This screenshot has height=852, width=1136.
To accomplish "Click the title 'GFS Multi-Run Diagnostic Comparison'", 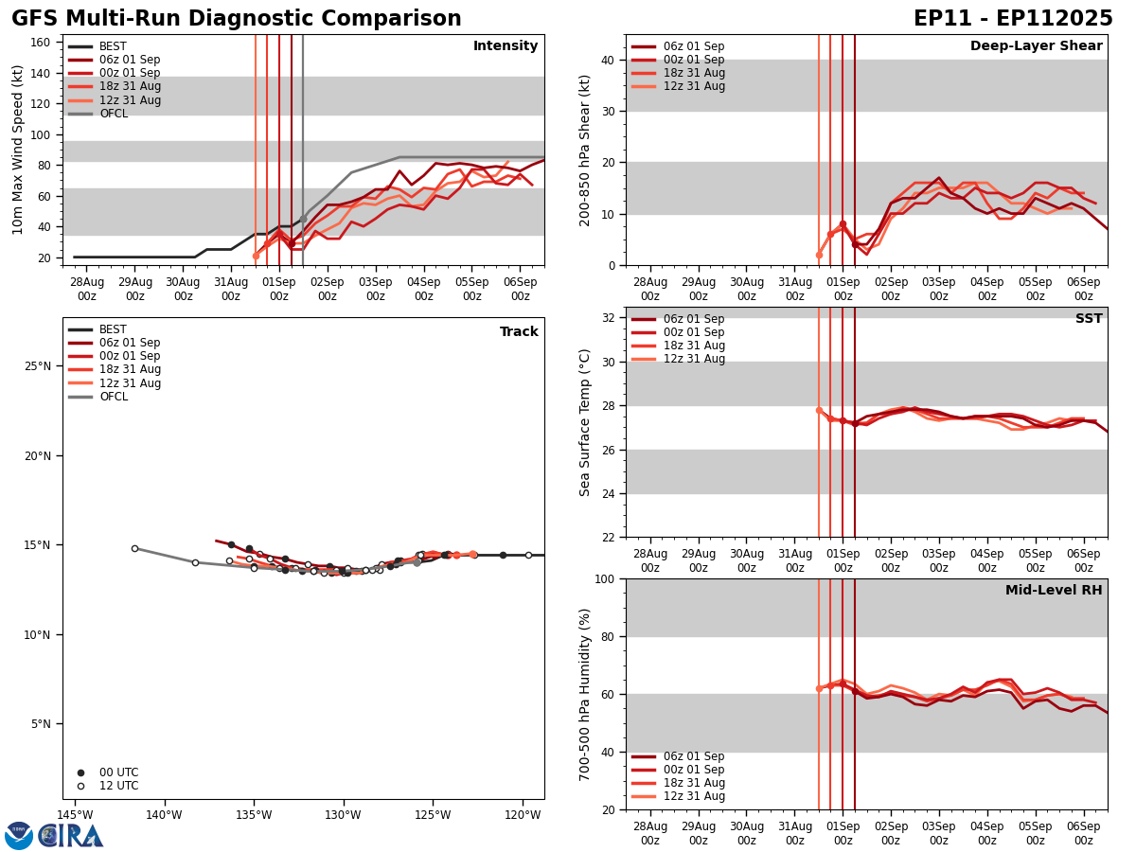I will point(237,19).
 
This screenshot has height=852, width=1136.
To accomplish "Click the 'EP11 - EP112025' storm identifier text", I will point(1013,19).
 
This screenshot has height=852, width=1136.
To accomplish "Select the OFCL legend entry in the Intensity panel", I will point(113,114).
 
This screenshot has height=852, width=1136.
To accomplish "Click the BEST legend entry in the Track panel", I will point(113,329).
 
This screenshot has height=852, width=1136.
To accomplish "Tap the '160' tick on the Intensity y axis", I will point(43,42).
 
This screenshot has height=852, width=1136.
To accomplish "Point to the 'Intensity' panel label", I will point(506,46).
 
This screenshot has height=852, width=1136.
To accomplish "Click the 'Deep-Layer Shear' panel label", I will point(1036,46).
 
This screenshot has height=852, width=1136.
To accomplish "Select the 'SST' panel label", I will point(1089,319).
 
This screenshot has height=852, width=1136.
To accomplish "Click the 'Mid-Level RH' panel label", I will point(1054,591).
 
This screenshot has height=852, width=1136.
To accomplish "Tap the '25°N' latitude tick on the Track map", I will point(37,366).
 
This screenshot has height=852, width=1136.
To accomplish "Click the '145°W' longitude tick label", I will point(75,815).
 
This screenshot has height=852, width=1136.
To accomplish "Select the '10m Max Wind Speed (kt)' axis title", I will point(18,150).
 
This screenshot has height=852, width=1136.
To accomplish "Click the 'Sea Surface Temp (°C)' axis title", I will point(585,422).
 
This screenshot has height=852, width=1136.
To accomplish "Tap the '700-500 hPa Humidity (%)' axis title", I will point(585,694).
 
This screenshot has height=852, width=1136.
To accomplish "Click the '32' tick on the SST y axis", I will point(609,318).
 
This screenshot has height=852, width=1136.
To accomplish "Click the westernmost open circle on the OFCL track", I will point(134,548).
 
